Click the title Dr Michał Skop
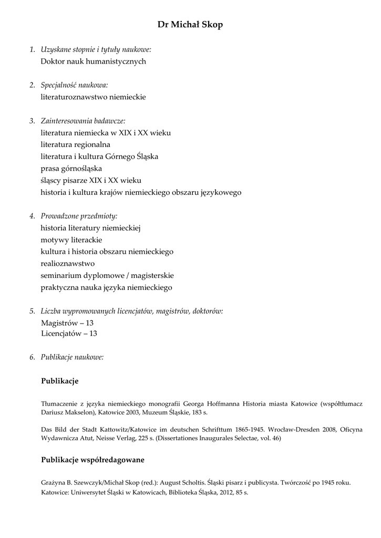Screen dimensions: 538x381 coord(190,25)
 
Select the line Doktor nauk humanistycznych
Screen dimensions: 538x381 coord(93,61)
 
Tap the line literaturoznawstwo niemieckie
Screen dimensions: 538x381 coord(93,97)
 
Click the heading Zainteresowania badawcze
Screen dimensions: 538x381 coord(83,121)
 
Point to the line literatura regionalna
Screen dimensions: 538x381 coord(76,144)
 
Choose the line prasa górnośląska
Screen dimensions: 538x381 coord(71,169)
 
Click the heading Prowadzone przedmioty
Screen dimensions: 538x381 coord(79,216)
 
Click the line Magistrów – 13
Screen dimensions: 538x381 coord(67,323)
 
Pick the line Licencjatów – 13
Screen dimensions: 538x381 coord(69,334)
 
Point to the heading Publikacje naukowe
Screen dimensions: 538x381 coord(72,357)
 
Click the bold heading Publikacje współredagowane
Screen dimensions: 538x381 coord(92,460)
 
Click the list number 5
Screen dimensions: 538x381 coord(32,311)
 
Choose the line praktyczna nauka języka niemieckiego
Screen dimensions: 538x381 coord(106,288)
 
